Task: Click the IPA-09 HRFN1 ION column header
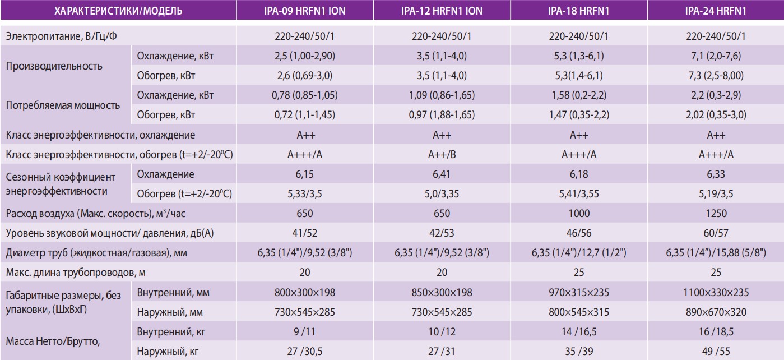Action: coord(305,10)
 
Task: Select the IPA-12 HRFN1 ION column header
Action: coord(442,10)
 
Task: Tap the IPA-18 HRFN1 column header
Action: coord(579,10)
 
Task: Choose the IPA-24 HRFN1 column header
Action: coord(716,10)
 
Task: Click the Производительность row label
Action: coord(54,66)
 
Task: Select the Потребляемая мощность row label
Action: coord(62,105)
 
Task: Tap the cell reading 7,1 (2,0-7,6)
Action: coord(716,56)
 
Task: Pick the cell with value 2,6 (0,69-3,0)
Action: coord(305,76)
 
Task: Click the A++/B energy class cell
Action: coord(442,155)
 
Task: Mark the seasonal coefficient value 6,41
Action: coord(442,174)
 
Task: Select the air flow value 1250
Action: coord(716,213)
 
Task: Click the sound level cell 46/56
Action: coord(579,233)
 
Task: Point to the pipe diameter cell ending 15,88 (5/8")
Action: coord(716,252)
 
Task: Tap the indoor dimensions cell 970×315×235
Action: coord(579,292)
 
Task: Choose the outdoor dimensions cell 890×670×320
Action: coord(716,312)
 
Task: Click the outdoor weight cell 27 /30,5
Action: coord(305,352)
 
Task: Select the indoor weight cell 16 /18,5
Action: coord(716,331)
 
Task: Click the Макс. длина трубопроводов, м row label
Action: coord(78,273)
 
